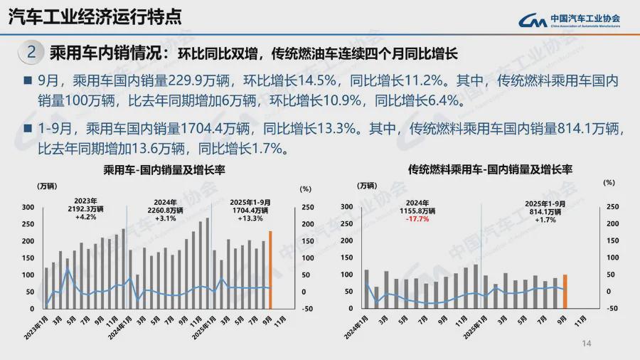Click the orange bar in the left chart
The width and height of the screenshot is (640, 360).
pyautogui.click(x=270, y=270)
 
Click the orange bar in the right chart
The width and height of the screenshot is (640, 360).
pyautogui.click(x=564, y=291)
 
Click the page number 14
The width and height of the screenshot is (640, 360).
pyautogui.click(x=587, y=344)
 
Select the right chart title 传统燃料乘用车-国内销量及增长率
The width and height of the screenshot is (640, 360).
pyautogui.click(x=490, y=170)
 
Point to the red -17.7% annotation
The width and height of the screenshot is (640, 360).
pyautogui.click(x=417, y=219)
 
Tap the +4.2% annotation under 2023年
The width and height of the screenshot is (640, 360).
pyautogui.click(x=85, y=218)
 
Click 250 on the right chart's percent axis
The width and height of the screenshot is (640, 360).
pyautogui.click(x=612, y=207)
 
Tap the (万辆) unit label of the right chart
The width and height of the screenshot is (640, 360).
pyautogui.click(x=367, y=186)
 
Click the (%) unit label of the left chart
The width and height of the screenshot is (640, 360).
pyautogui.click(x=305, y=189)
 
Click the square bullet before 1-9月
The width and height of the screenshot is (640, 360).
pyautogui.click(x=28, y=129)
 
